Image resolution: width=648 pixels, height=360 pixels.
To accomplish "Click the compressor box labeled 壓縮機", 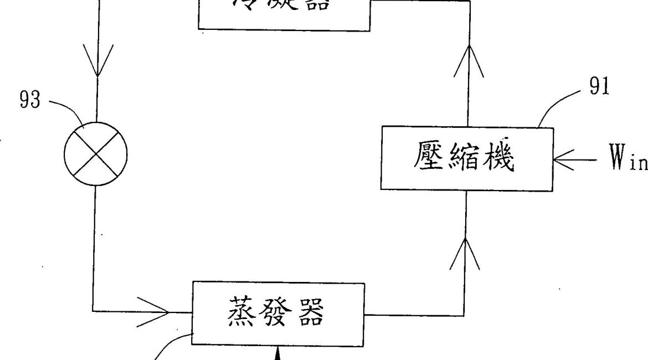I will (x=466, y=160).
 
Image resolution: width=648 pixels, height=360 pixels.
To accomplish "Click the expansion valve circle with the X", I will (x=96, y=155).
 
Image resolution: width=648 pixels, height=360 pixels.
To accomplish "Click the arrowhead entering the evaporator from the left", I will (x=161, y=312).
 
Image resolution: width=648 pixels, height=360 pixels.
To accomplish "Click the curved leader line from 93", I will (x=65, y=109).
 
